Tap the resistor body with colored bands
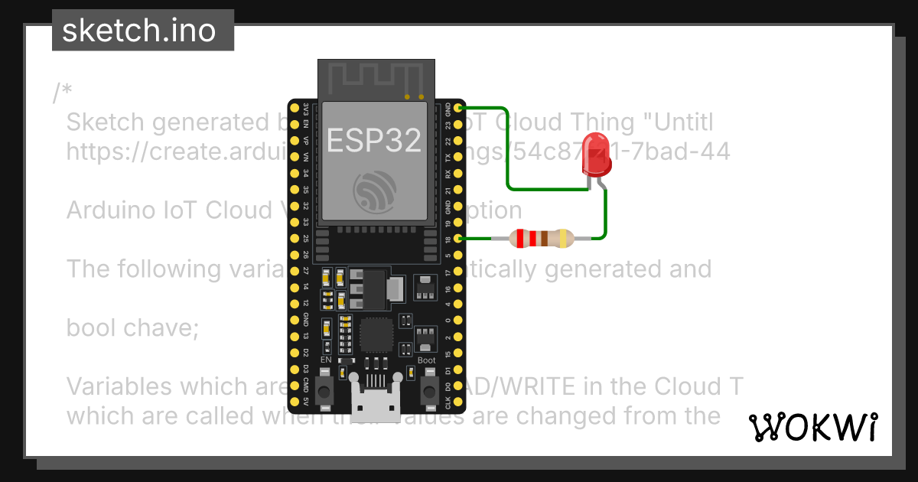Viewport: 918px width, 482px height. click(x=542, y=239)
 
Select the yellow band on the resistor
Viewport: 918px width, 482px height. click(x=564, y=239)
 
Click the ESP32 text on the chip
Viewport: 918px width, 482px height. click(x=374, y=139)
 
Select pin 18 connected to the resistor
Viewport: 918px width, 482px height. click(x=458, y=239)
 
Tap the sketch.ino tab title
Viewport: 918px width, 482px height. click(x=138, y=31)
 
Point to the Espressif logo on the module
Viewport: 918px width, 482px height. click(x=374, y=191)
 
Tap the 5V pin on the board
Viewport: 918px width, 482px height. click(x=294, y=402)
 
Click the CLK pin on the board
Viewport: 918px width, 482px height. click(x=458, y=402)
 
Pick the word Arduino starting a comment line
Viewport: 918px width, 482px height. click(x=114, y=210)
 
